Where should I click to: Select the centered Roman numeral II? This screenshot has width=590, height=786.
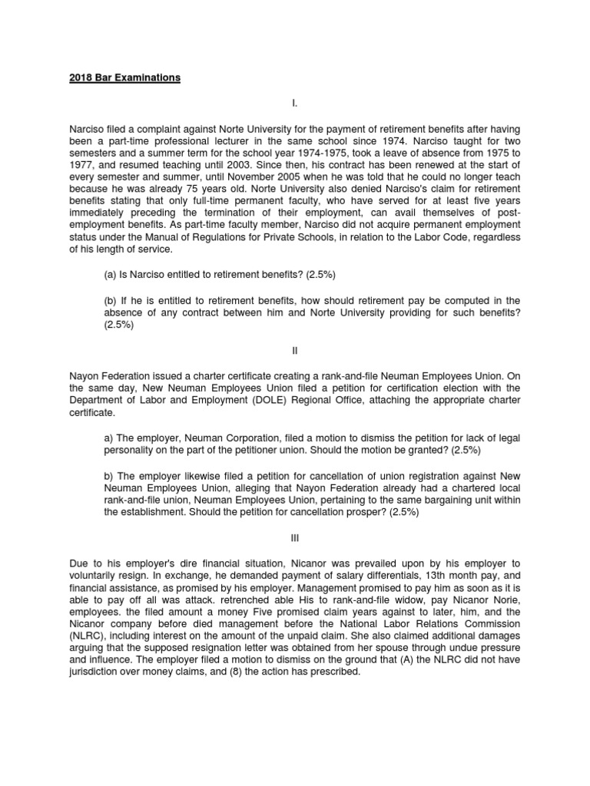[294, 350]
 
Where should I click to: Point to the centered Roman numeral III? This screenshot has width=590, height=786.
[294, 539]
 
